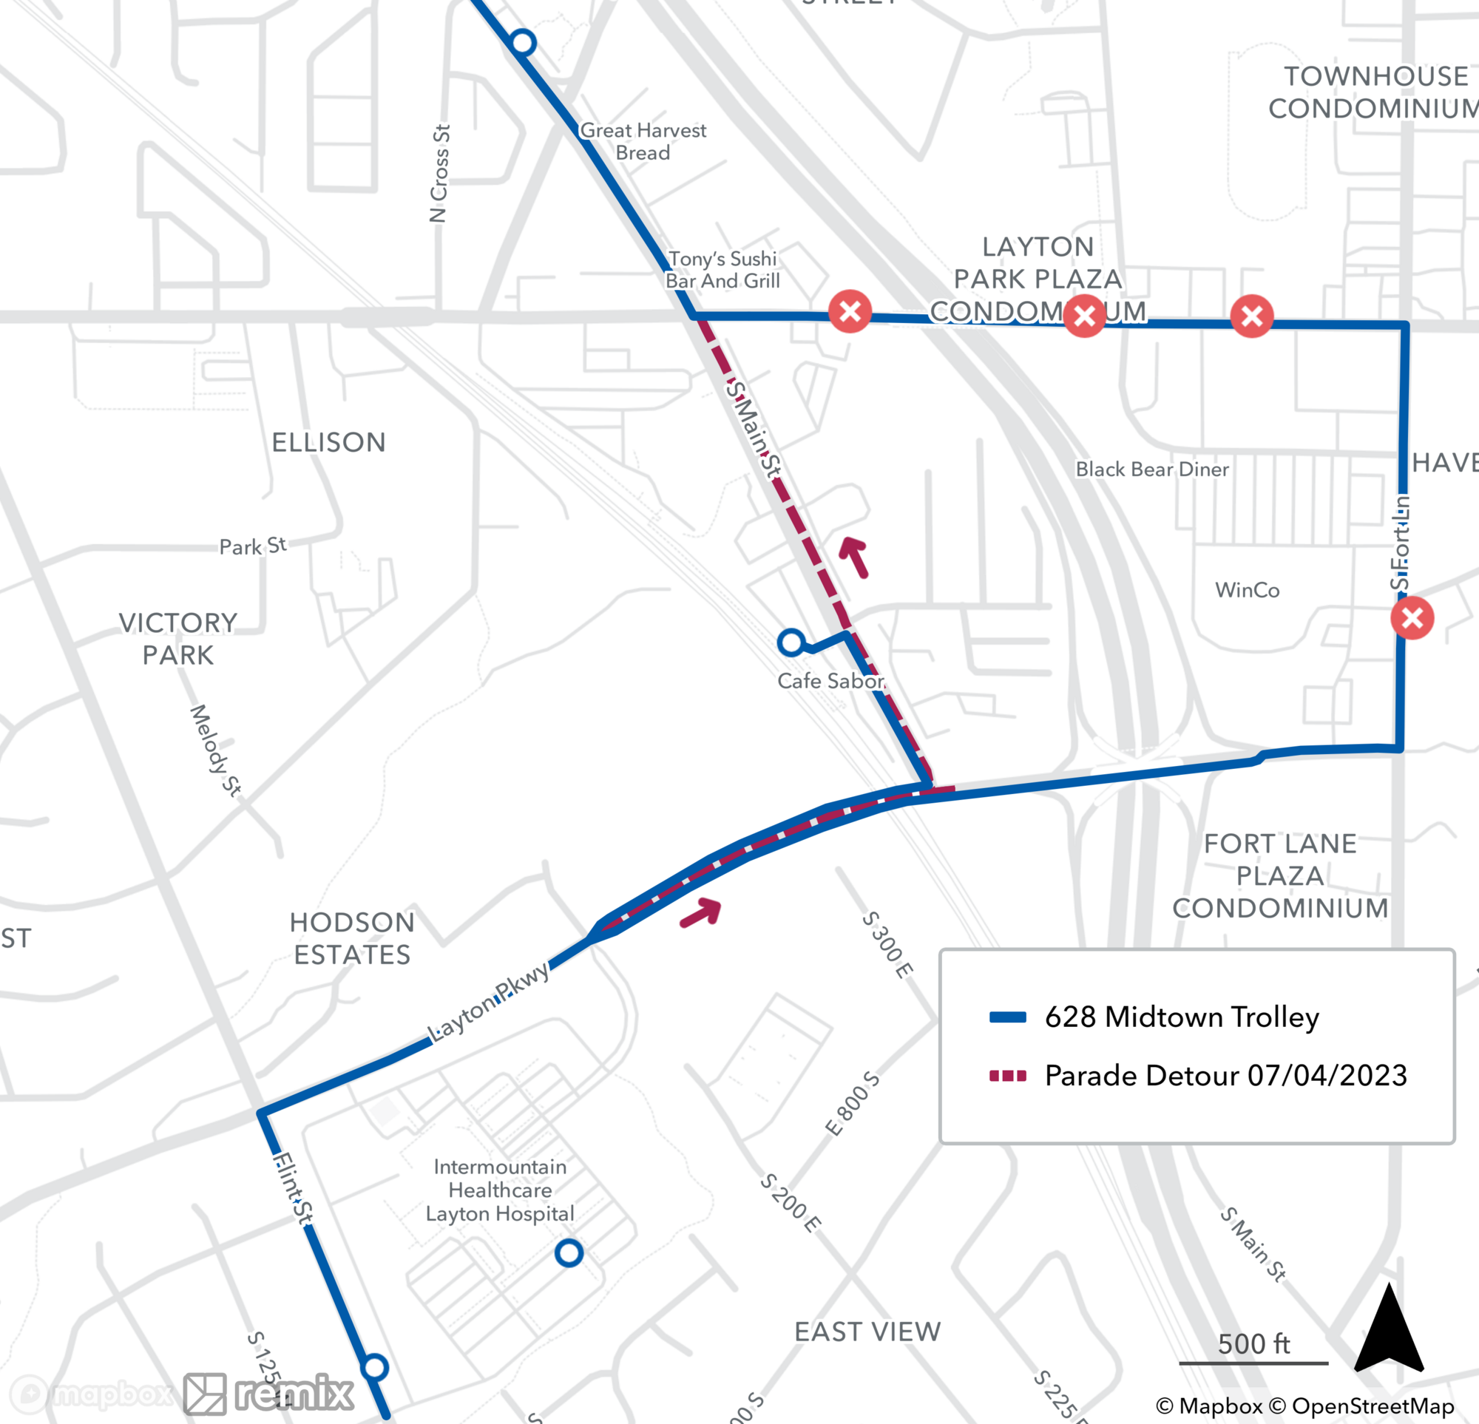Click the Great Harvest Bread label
(x=643, y=141)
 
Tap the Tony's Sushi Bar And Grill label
(x=722, y=269)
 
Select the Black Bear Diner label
(x=1151, y=469)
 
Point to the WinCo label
(x=1247, y=590)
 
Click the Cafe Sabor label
(x=830, y=681)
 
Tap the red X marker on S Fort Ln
(x=1412, y=618)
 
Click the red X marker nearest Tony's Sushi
(x=850, y=311)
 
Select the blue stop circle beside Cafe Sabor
(x=791, y=643)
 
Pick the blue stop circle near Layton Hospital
(x=569, y=1252)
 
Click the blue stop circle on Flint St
(x=375, y=1366)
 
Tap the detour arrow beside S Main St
(x=855, y=556)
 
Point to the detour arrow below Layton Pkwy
(x=701, y=912)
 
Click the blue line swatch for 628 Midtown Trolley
(x=1007, y=1017)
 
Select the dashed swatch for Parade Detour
(x=1007, y=1075)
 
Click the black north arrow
(x=1389, y=1329)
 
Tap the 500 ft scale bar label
(x=1253, y=1344)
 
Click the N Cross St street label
(x=440, y=173)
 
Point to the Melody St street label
(x=215, y=750)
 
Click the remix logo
(x=270, y=1393)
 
